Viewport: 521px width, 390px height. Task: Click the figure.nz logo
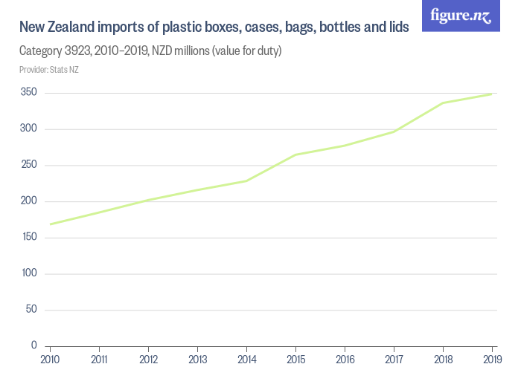[461, 16]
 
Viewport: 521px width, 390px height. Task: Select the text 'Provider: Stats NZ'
[49, 70]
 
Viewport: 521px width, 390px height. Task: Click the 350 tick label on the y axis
[28, 93]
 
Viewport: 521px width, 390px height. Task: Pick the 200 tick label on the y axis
[28, 201]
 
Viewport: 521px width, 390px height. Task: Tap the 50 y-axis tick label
[31, 310]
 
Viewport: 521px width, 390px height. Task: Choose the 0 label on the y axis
[34, 345]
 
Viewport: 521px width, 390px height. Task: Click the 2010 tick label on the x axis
[50, 360]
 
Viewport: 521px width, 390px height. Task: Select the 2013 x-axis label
[197, 360]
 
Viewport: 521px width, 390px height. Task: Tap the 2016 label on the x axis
[345, 360]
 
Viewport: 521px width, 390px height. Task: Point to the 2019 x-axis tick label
[492, 360]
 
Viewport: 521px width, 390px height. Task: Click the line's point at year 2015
[295, 155]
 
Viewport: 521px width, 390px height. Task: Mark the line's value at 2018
[443, 103]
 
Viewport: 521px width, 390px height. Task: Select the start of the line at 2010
[50, 224]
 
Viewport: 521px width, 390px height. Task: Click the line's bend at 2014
[246, 181]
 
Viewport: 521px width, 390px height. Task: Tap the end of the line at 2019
[492, 94]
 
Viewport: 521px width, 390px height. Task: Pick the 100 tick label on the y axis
[28, 273]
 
